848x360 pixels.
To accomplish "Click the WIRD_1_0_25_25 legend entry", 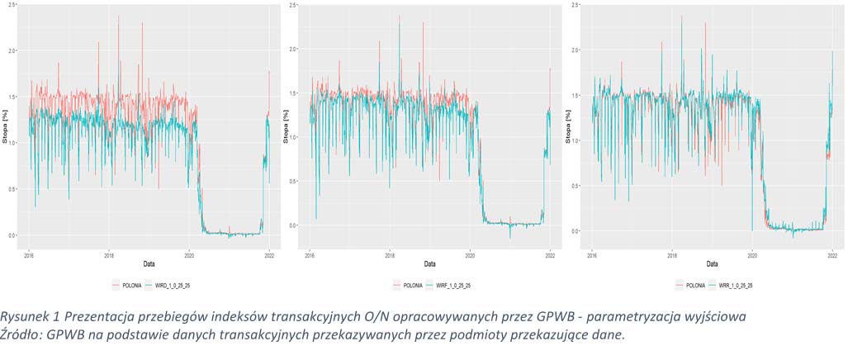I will click(x=172, y=284).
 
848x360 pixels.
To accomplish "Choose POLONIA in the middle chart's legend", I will click(x=409, y=284).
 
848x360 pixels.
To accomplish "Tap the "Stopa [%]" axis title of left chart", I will click(x=5, y=130).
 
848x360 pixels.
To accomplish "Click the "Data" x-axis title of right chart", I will click(x=710, y=263).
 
